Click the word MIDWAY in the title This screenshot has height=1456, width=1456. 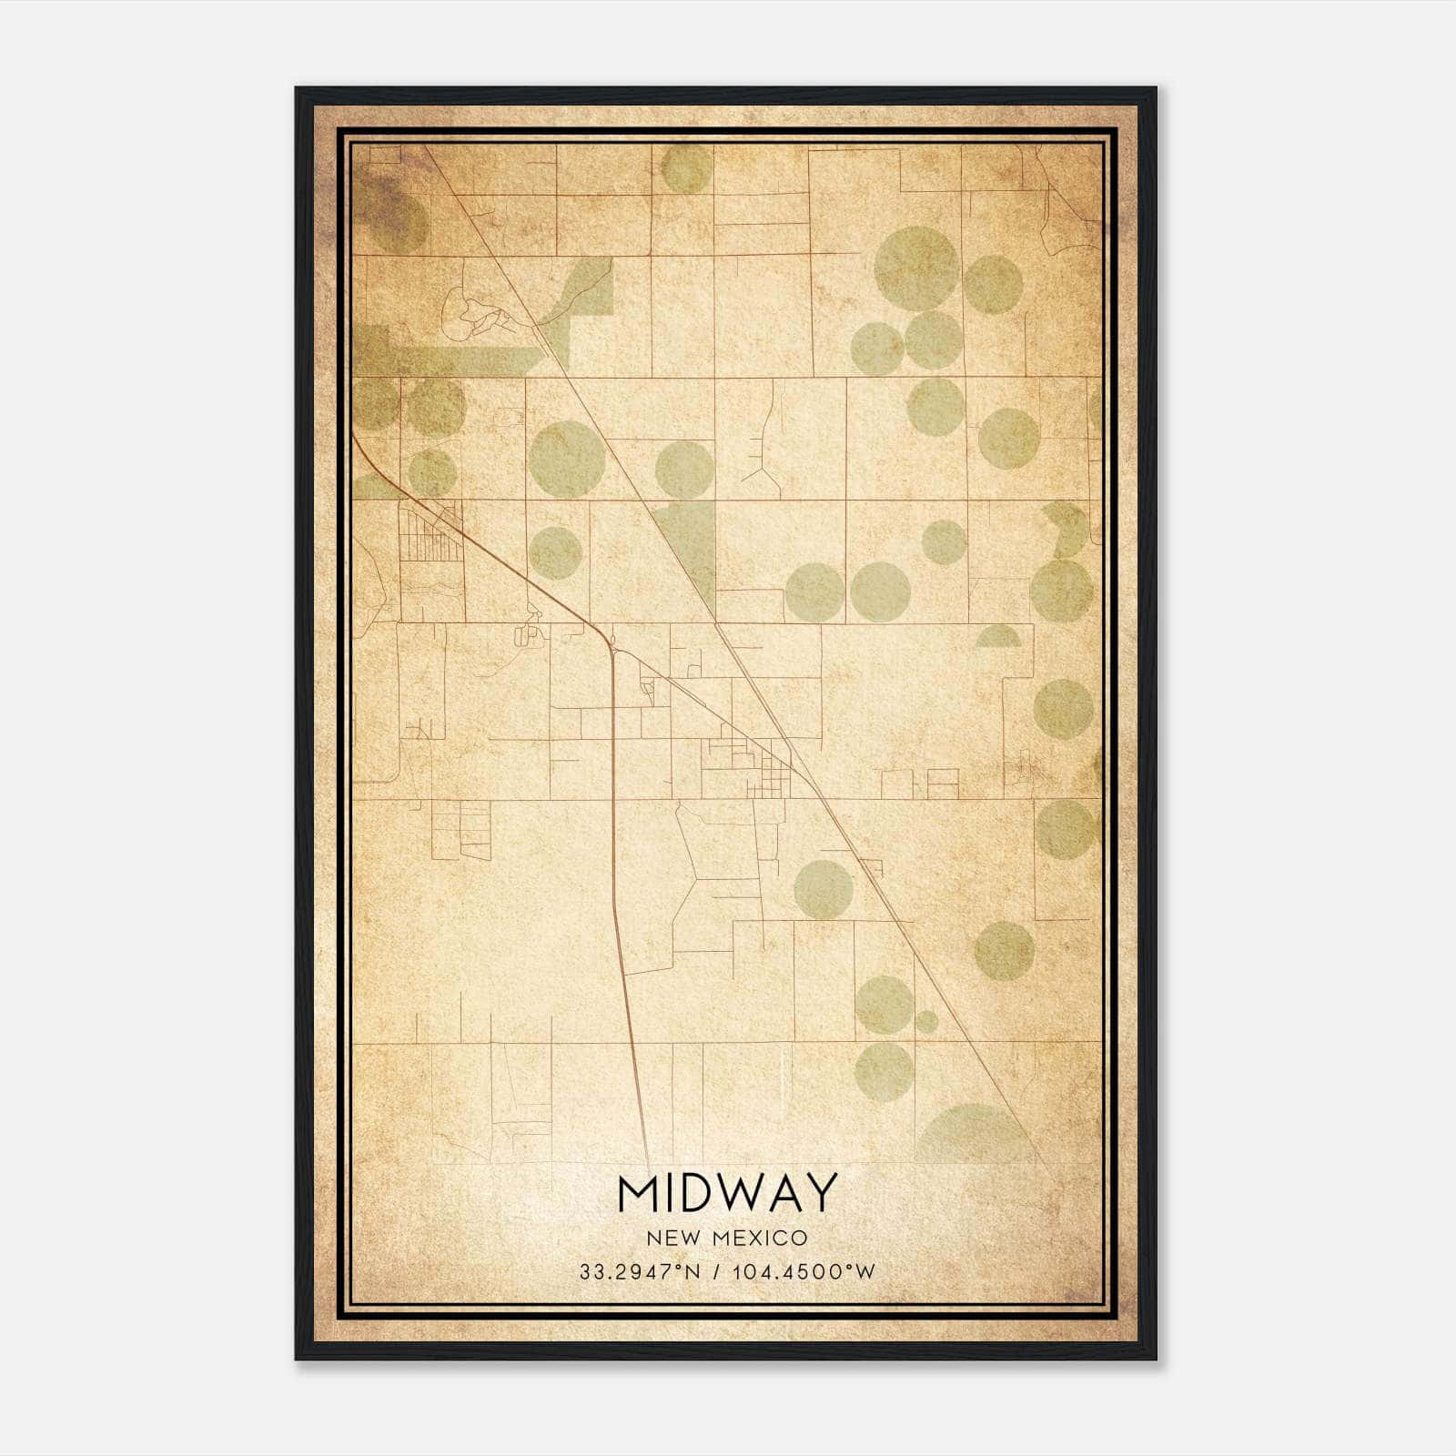(x=727, y=1193)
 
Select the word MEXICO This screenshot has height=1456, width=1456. (x=762, y=1238)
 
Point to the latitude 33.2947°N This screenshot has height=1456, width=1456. (x=640, y=1271)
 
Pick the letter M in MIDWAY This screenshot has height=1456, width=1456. (x=640, y=1193)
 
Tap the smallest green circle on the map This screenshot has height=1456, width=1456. (x=926, y=1021)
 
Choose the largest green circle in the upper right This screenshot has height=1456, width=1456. (x=916, y=268)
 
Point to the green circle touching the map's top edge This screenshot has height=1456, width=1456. (x=686, y=167)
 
